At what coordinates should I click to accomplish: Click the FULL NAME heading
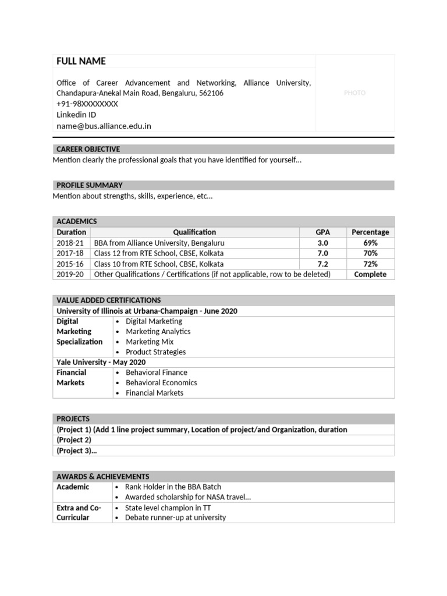coord(81,62)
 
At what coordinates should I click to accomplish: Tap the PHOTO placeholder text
coord(354,93)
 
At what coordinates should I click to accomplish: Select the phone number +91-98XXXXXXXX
coord(87,104)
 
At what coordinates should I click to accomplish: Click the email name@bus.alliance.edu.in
coord(104,126)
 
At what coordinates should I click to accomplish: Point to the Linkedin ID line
coord(76,115)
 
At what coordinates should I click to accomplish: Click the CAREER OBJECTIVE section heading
coord(88,150)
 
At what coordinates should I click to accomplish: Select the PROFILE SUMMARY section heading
coord(89,185)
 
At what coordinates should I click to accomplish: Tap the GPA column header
coord(322,232)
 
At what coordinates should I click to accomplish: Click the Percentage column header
coord(370,232)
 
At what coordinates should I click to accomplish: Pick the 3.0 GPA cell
coord(322,243)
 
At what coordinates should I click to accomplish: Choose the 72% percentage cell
coord(370,264)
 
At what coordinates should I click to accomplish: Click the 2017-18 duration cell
coord(70,253)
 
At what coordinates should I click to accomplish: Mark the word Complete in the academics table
coord(370,274)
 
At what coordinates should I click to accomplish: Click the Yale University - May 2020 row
coord(101,362)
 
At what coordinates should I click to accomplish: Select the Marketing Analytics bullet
coord(158,331)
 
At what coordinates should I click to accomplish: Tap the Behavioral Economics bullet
coord(161,382)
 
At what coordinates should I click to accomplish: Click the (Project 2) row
coord(74,440)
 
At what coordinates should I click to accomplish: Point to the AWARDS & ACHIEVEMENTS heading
coord(102,476)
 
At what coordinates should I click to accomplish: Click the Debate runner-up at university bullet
coord(175,517)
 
